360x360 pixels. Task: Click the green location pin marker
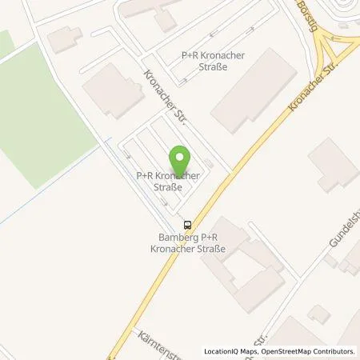point(180,156)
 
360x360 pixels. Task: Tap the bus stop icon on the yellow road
point(187,225)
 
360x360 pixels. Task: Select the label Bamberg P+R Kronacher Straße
point(191,242)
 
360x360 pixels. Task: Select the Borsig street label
point(307,13)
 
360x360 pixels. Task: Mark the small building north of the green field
point(64,38)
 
